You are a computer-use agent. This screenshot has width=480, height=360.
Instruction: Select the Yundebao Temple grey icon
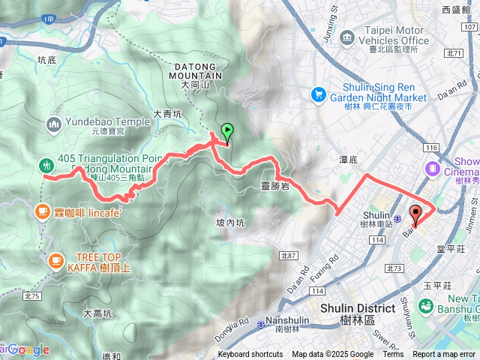pos(54,124)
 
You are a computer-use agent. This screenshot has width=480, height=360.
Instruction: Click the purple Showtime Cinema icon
pos(432,169)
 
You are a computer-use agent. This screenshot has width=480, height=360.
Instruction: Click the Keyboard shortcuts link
pos(251,355)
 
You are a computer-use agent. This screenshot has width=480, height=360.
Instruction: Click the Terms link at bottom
pos(393,355)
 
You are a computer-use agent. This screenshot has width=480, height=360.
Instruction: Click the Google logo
pos(28,349)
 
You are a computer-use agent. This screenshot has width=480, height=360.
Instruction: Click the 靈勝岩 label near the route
pos(275,185)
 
